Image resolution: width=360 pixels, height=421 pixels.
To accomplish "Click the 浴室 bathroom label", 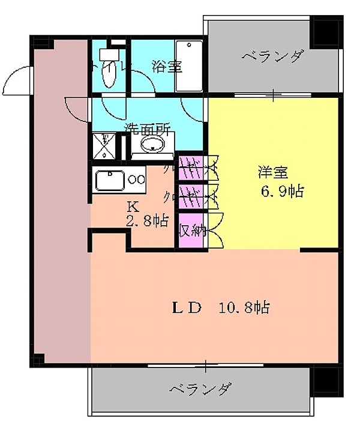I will tap(167, 67).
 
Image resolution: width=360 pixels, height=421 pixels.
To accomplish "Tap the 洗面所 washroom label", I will tap(148, 128).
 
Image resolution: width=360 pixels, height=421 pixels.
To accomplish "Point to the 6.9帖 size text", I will tap(281, 192).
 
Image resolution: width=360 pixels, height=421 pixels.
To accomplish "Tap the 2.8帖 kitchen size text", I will tap(146, 220).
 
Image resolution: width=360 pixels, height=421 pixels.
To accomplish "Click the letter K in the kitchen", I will tap(133, 206).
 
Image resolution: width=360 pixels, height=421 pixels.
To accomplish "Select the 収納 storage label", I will tap(192, 229).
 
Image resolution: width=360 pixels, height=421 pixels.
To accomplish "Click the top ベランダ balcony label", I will tap(273, 58).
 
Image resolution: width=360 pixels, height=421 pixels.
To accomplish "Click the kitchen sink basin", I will tap(109, 180).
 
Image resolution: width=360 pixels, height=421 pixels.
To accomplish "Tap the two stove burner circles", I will tap(136, 179).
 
